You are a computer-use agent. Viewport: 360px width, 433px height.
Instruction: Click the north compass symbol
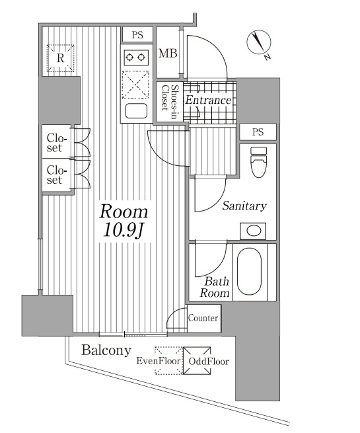click(x=259, y=44)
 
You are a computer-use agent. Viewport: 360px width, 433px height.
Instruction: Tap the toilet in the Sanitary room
click(x=258, y=162)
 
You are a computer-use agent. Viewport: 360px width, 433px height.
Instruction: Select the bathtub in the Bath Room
click(x=249, y=272)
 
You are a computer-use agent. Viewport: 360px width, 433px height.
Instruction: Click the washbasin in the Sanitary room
click(x=253, y=231)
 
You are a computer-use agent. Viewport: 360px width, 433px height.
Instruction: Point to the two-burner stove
click(x=136, y=58)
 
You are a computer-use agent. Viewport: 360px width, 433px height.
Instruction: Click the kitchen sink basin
click(x=136, y=111)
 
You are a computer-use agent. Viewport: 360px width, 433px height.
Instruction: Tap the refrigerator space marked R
click(x=60, y=58)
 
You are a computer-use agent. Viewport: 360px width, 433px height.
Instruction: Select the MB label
click(x=168, y=54)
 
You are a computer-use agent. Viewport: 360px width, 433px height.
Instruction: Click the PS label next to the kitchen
click(x=137, y=35)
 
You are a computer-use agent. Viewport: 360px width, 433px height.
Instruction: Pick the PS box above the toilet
click(x=258, y=132)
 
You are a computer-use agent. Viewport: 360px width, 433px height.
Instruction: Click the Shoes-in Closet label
click(x=169, y=101)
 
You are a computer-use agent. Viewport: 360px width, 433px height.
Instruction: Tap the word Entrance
click(x=208, y=100)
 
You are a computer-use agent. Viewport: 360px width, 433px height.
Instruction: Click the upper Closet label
click(x=57, y=143)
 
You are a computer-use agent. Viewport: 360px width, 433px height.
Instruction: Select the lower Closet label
click(x=57, y=175)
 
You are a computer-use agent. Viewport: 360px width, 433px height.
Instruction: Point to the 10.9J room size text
click(x=122, y=229)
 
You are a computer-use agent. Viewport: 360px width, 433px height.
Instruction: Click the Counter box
click(x=204, y=318)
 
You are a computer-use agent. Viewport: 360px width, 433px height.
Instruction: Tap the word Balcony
click(x=106, y=350)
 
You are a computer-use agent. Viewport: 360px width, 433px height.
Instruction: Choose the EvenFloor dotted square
click(x=169, y=361)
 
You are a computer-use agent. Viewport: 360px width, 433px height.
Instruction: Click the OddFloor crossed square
click(x=197, y=361)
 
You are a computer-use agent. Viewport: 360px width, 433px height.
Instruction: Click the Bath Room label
click(x=215, y=287)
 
